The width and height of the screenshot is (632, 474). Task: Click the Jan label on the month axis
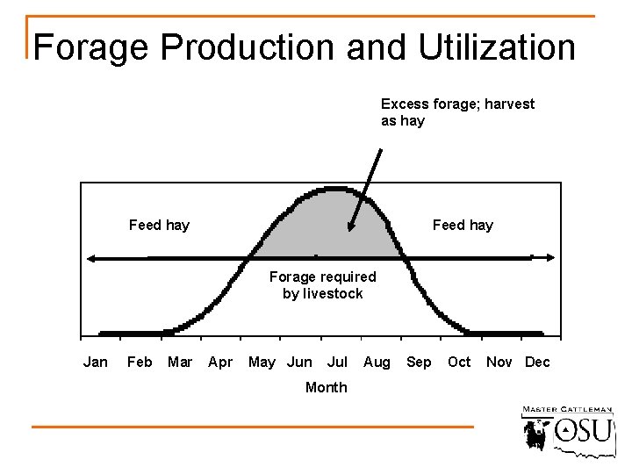[95, 362]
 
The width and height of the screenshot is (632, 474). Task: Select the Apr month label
[220, 362]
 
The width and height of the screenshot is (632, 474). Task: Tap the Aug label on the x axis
[377, 362]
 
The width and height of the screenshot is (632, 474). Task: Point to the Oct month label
[459, 362]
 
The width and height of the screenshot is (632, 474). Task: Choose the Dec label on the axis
[537, 362]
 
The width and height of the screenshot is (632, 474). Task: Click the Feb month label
[140, 362]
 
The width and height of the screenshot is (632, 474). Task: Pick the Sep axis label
[419, 362]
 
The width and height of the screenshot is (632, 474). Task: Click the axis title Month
[326, 387]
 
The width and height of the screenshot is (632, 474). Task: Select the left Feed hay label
[159, 225]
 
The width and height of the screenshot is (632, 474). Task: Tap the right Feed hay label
[463, 225]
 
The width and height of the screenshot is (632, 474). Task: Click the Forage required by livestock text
[322, 285]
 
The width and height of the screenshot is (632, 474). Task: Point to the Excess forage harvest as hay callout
[457, 112]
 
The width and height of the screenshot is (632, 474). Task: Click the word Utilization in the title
[497, 47]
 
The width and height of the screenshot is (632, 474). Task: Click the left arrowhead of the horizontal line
[90, 258]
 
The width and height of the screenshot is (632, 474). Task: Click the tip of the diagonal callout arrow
[350, 230]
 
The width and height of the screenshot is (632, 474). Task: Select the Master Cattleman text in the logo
[567, 410]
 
